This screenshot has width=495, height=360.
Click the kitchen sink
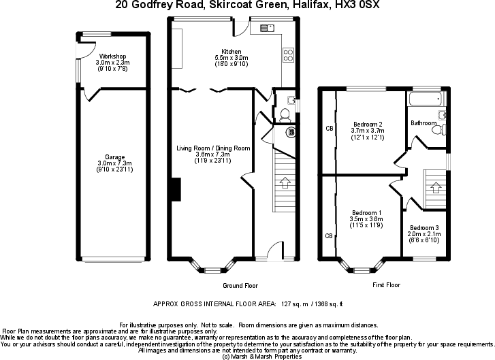coord(266,28)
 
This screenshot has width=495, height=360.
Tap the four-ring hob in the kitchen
coord(288,54)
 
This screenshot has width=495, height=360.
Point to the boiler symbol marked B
coord(291,132)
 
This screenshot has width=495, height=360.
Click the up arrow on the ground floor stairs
coord(284,182)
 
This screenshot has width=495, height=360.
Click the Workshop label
coord(112,56)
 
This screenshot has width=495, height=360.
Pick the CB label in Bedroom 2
coord(329,128)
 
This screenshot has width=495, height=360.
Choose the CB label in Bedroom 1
coord(329,236)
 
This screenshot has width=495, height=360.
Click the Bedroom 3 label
coord(424,227)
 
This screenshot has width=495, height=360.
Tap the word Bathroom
coord(424,123)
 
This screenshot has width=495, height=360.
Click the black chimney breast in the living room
coord(175,189)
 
